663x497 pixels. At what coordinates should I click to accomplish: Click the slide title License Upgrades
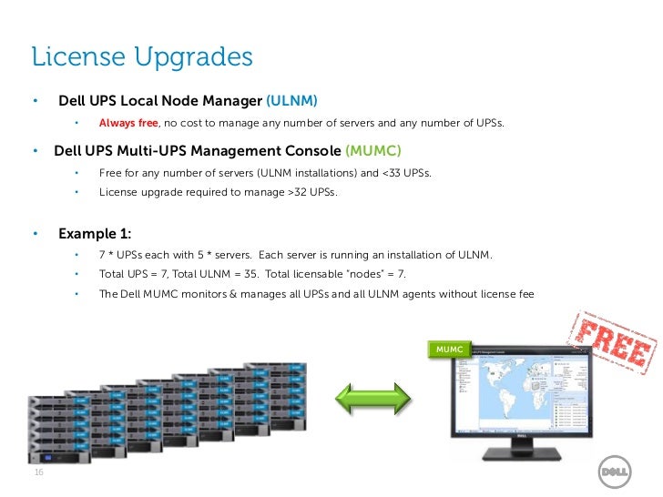point(141,57)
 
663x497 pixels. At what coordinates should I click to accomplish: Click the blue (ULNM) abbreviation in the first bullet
point(291,100)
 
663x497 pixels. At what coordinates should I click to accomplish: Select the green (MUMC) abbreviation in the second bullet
point(372,149)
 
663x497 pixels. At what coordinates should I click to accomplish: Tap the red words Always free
point(128,123)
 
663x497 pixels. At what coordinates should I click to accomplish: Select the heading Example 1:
point(95,233)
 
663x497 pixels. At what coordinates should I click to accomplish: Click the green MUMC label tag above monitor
point(450,350)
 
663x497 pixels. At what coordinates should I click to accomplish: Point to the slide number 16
point(37,473)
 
